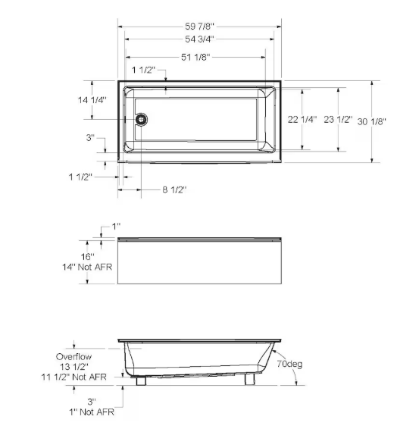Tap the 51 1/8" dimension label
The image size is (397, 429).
tap(195, 56)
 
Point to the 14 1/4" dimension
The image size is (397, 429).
tap(92, 99)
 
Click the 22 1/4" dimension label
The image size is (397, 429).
tap(302, 120)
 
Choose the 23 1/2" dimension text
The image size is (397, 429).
tap(339, 120)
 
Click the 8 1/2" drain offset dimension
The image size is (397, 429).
tap(173, 189)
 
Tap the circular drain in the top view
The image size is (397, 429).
tap(140, 119)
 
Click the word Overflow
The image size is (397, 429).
tap(74, 355)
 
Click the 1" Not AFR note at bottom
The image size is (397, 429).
tap(92, 412)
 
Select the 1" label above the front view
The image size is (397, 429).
tap(116, 227)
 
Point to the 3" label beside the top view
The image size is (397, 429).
tap(90, 138)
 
